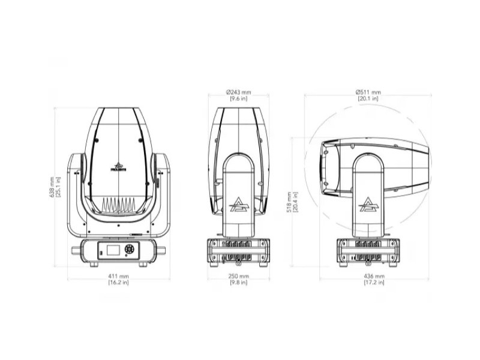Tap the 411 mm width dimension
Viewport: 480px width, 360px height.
coord(119,277)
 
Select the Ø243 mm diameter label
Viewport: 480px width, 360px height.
coord(238,92)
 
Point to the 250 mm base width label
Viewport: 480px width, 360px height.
coord(239,276)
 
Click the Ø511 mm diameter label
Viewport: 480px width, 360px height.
coord(368,92)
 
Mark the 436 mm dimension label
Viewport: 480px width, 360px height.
coord(374,276)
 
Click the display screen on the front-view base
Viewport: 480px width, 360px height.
coord(114,250)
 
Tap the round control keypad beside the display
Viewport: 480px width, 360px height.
coord(129,249)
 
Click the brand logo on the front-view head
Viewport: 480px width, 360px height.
coord(118,167)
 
